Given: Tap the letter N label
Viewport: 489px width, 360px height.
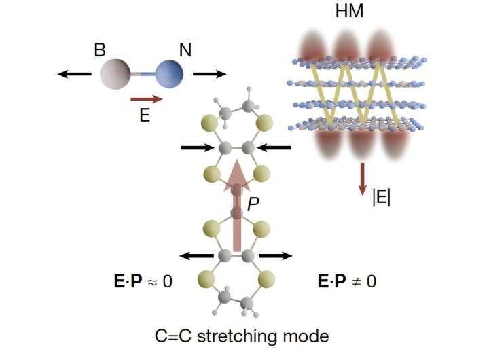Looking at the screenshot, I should coord(185,50).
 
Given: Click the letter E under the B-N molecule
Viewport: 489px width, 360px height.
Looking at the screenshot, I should coord(144,115).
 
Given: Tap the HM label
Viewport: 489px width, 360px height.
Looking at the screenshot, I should coord(367,14).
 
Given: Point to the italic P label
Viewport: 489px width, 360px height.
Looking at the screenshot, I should coord(252,202).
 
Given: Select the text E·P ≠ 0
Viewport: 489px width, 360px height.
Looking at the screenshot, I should coord(347,280).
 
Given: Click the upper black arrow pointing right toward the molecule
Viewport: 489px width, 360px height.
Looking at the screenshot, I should coord(197,147).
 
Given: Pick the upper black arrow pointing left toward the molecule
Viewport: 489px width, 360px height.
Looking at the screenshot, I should coord(274,147).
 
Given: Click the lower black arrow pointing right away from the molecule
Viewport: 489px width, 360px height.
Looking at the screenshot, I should coord(275,256).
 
